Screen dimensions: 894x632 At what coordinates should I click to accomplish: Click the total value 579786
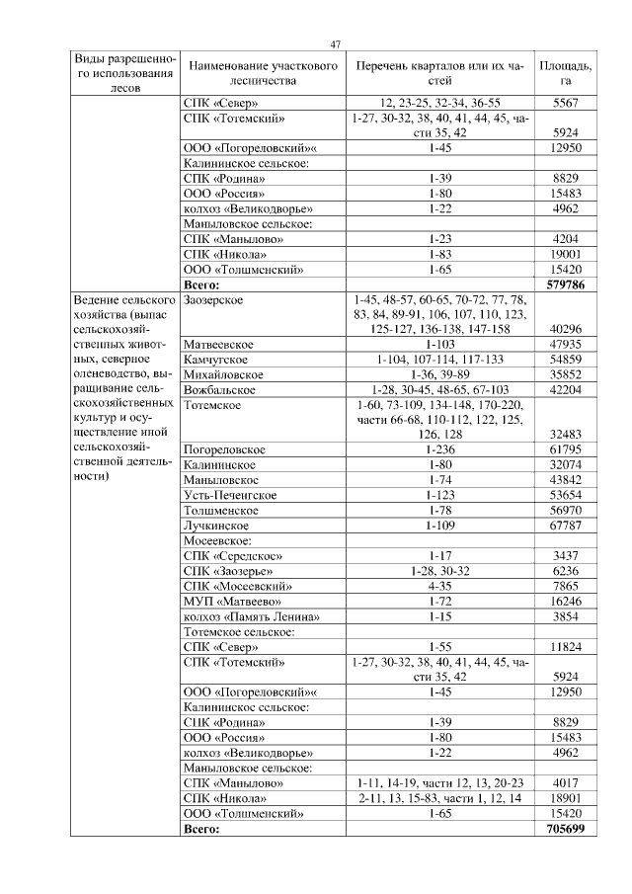coord(566,284)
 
